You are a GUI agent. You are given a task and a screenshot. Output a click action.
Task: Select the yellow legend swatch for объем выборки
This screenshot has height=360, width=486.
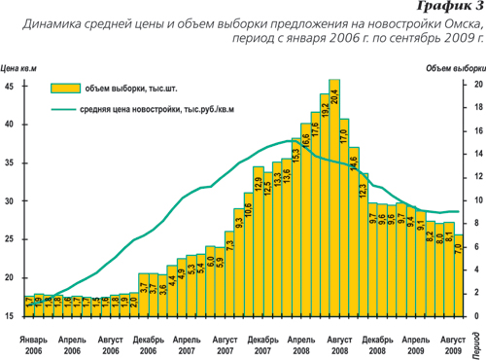pyautogui.click(x=63, y=88)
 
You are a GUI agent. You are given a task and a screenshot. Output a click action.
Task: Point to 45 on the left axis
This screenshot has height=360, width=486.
pyautogui.click(x=8, y=86)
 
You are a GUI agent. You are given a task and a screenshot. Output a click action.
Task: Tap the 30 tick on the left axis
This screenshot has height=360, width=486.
pyautogui.click(x=8, y=201)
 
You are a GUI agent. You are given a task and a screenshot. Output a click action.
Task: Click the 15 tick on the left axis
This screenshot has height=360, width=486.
pyautogui.click(x=8, y=316)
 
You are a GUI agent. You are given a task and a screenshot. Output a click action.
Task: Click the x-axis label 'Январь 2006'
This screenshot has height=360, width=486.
pyautogui.click(x=32, y=342)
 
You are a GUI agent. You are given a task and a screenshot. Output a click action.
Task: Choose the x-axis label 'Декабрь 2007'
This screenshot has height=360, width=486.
pyautogui.click(x=262, y=342)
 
